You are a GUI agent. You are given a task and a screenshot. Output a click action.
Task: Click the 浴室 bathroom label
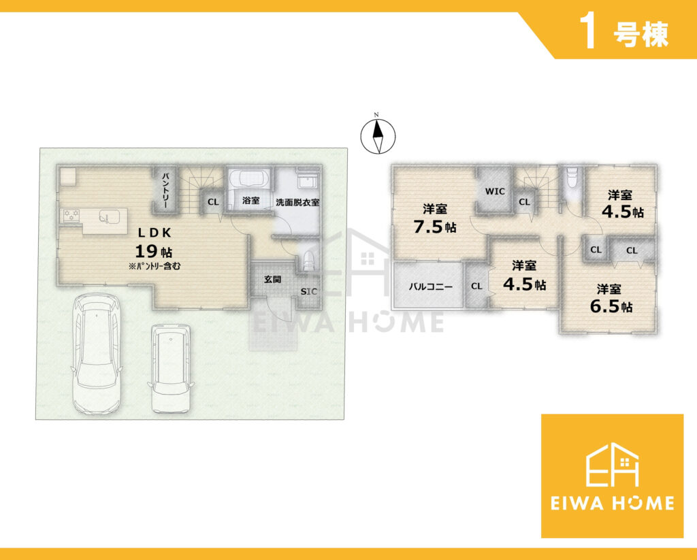[250, 201]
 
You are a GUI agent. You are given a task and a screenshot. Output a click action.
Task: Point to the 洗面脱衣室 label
[298, 202]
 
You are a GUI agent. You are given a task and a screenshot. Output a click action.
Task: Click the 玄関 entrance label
[272, 280]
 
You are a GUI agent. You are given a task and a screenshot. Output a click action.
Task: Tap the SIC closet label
[309, 291]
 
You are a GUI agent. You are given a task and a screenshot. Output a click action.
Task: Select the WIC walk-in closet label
[495, 192]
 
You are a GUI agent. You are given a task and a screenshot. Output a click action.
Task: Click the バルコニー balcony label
[431, 286]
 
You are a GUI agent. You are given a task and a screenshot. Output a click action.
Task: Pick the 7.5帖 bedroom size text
[435, 227]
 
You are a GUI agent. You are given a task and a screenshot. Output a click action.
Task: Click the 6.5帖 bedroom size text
[611, 307]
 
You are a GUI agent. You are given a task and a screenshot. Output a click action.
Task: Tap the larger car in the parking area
[97, 354]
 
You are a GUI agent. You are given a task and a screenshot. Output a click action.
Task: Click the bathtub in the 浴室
[249, 181]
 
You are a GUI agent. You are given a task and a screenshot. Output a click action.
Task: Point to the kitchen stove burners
[71, 215]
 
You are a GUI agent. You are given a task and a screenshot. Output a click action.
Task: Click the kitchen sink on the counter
[110, 216]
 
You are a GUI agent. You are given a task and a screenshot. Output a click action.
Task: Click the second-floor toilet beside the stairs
[572, 179]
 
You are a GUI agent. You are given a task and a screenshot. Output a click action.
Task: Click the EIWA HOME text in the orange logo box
[613, 503]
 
